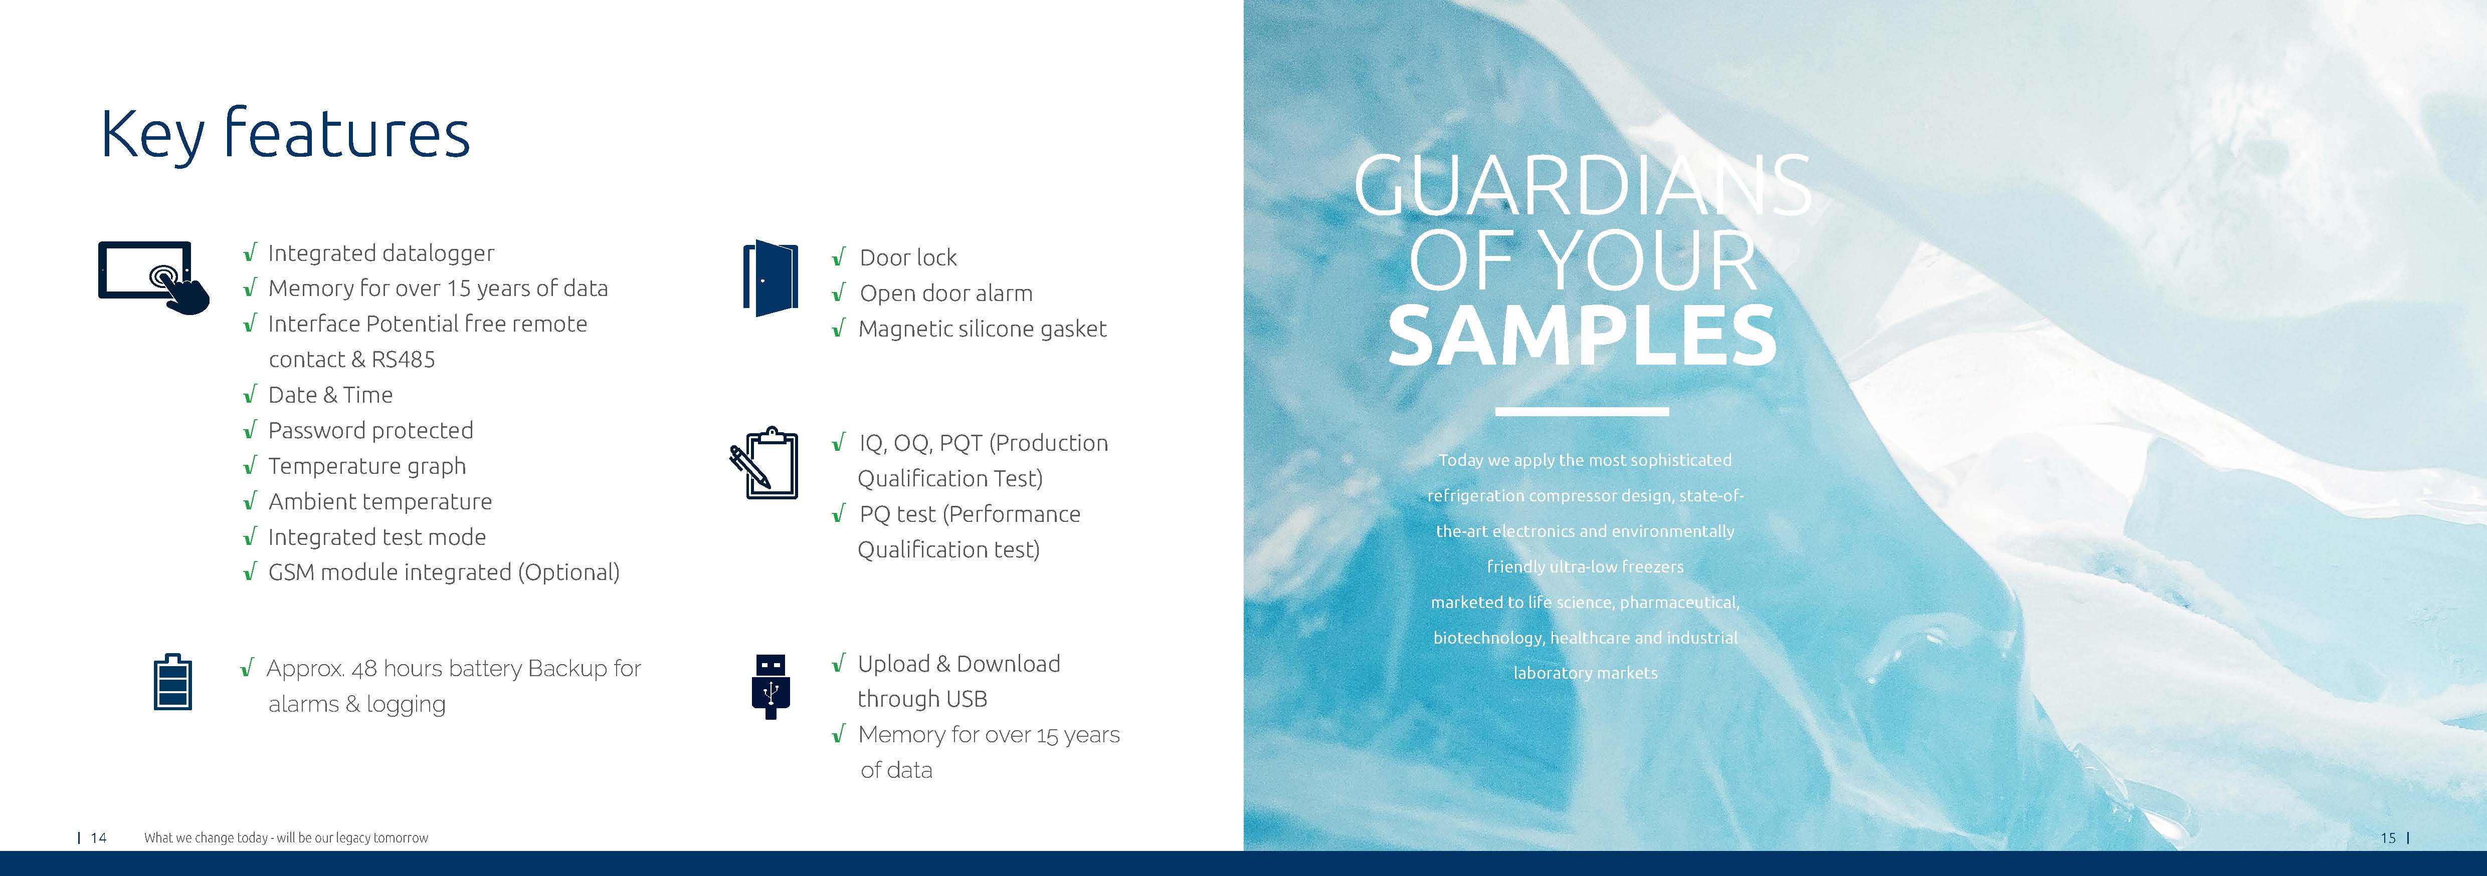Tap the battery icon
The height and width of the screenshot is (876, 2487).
tap(173, 682)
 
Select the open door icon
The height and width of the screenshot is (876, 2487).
tap(771, 278)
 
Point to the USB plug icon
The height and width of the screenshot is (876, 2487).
tap(771, 686)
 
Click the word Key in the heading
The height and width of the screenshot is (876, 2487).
tap(152, 135)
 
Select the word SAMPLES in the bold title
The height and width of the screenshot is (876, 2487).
tap(1582, 336)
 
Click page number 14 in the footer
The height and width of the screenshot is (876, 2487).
tap(98, 837)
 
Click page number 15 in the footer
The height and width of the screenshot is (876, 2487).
tap(2388, 837)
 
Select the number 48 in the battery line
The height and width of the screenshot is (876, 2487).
tap(364, 669)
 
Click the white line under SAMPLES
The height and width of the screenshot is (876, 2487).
tap(1582, 412)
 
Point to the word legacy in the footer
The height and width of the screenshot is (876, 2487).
tap(351, 838)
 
